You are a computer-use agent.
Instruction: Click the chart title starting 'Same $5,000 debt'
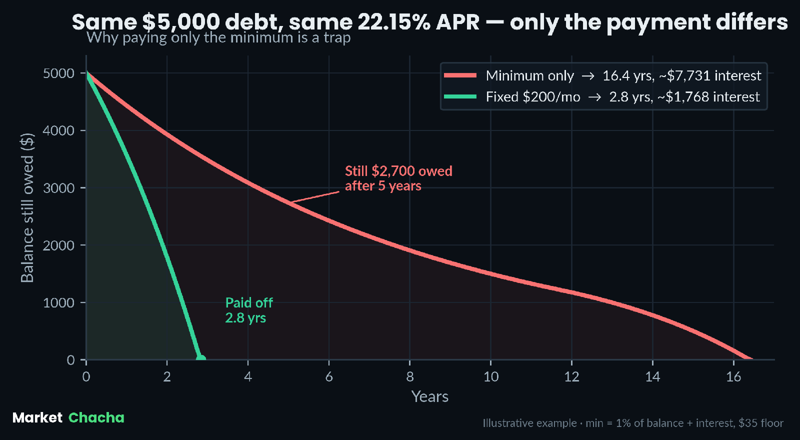429,22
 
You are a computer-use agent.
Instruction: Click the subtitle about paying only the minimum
218,37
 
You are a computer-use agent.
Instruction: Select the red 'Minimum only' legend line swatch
460,75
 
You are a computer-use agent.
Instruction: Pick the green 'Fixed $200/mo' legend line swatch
460,96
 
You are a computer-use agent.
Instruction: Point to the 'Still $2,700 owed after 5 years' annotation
398,178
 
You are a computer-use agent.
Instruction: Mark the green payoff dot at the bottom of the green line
201,358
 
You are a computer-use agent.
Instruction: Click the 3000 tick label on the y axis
58,188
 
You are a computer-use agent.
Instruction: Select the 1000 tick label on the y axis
58,303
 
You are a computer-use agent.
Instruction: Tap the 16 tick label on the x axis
733,377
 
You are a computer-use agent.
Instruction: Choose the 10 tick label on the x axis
490,377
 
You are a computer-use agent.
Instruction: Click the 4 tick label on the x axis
248,377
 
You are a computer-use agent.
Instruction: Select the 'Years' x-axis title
430,396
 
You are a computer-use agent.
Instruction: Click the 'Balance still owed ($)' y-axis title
27,208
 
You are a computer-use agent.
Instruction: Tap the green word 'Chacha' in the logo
96,417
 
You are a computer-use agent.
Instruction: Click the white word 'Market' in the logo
37,417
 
